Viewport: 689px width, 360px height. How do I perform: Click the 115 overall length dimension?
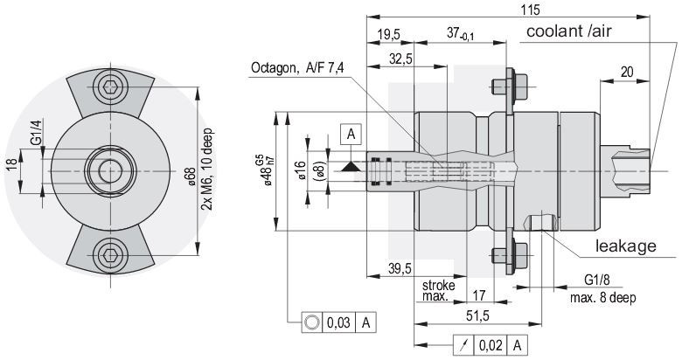pyautogui.click(x=530, y=10)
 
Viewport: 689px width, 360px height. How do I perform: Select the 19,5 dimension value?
pyautogui.click(x=388, y=35)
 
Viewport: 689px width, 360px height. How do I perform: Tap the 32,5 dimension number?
pyautogui.click(x=400, y=59)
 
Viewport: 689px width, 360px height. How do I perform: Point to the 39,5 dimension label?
pyautogui.click(x=400, y=268)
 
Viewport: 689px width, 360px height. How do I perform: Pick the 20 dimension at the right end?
pyautogui.click(x=627, y=72)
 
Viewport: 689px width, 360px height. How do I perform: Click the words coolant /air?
pyautogui.click(x=568, y=31)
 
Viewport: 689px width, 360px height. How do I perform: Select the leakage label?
pyautogui.click(x=625, y=246)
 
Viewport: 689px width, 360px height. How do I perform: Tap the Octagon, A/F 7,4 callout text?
pyautogui.click(x=297, y=68)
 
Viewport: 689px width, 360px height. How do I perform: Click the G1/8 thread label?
pyautogui.click(x=596, y=280)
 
